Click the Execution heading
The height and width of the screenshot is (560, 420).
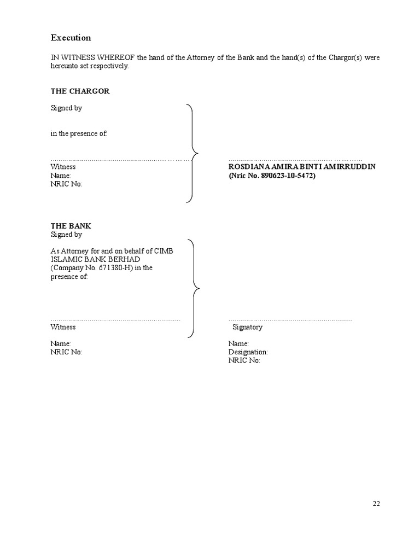71,38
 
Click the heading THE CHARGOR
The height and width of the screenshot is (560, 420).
80,91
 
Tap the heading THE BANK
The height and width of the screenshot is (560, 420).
71,226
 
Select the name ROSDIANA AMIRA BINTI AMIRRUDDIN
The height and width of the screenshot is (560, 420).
302,166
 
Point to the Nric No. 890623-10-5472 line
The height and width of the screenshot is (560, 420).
272,176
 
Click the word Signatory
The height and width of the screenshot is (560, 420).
247,327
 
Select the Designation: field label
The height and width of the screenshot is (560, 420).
248,352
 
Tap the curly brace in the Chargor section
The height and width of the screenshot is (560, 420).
192,154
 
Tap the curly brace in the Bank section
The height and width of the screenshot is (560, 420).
193,288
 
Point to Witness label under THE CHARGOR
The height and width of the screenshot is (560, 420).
63,166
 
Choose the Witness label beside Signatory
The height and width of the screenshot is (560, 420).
63,327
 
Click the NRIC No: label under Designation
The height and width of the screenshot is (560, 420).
244,361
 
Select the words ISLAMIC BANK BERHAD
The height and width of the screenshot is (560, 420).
96,259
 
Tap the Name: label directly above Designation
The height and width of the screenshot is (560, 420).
238,343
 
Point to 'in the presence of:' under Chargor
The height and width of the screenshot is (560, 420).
79,134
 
